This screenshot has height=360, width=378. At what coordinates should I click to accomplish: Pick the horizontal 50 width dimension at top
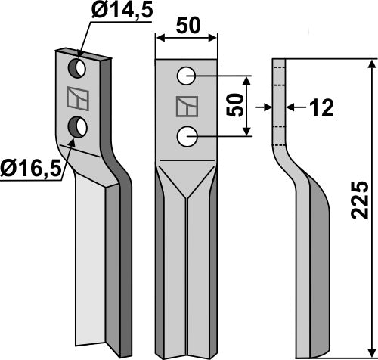tap(186, 24)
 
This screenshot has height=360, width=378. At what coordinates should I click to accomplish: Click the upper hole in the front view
tap(186, 76)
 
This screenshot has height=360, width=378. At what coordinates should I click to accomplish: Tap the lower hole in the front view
tap(186, 136)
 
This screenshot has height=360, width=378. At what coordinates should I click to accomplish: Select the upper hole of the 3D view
tap(76, 70)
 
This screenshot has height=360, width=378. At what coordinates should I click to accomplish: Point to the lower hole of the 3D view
tap(76, 127)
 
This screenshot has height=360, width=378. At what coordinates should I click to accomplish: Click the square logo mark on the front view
tap(185, 107)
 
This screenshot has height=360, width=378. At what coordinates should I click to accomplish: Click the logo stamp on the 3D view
tap(76, 99)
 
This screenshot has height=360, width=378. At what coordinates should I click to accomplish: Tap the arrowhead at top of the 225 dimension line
tap(370, 66)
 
